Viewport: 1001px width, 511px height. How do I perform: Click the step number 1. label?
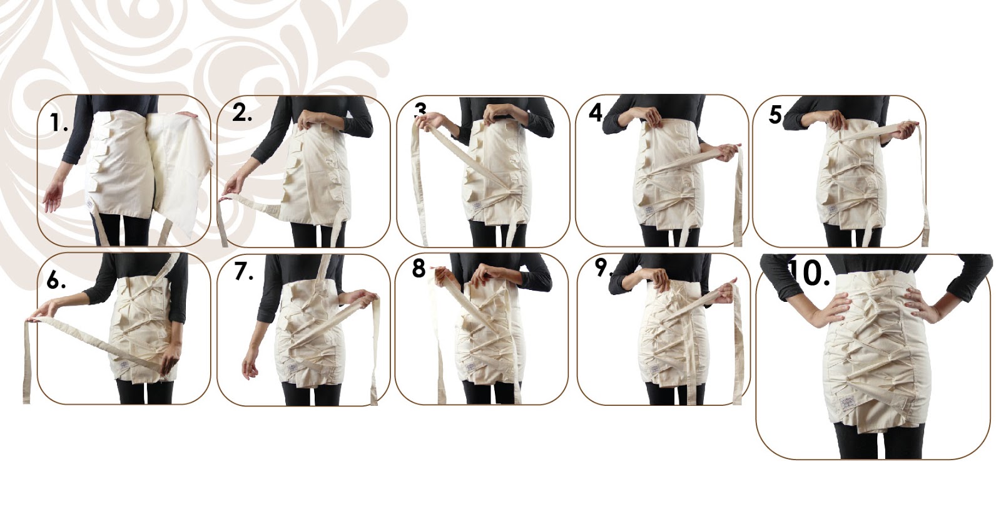pos(59,123)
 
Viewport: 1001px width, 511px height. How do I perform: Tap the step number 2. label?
pos(242,113)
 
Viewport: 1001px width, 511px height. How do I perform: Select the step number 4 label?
pos(596,112)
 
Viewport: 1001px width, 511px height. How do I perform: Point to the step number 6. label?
pos(56,281)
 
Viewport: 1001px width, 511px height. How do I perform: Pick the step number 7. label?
pos(243,272)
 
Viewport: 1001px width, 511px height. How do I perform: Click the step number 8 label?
pos(419,269)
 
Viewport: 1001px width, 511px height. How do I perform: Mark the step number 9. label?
pos(602,268)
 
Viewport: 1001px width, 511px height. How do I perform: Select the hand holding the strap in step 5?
pos(905,131)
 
